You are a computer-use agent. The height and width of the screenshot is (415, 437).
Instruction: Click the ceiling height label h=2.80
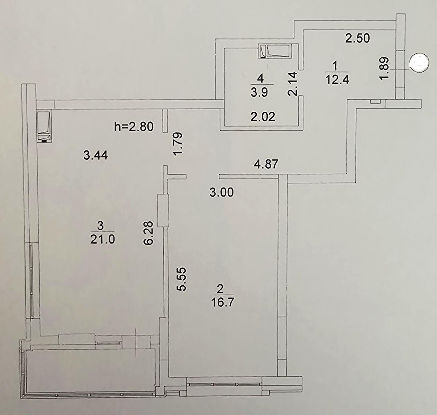pos(134,127)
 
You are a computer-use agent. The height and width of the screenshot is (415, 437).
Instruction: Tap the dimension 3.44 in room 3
pos(96,155)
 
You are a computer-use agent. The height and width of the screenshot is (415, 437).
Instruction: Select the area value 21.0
pos(102,240)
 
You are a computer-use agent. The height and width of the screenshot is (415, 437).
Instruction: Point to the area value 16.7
pos(222,302)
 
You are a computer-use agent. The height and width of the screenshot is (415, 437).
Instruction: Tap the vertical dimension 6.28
pos(148,233)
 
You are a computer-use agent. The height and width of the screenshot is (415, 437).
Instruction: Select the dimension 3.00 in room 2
pos(221,192)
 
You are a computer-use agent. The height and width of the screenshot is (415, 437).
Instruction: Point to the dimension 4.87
pos(266,164)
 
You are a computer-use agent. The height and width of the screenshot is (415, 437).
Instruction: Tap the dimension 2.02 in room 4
pos(263,117)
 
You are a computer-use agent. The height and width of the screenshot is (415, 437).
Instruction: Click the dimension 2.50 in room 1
pos(357,38)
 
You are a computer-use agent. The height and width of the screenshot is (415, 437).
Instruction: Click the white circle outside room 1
pos(419,63)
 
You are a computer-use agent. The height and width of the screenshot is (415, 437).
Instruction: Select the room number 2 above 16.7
pos(220,289)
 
